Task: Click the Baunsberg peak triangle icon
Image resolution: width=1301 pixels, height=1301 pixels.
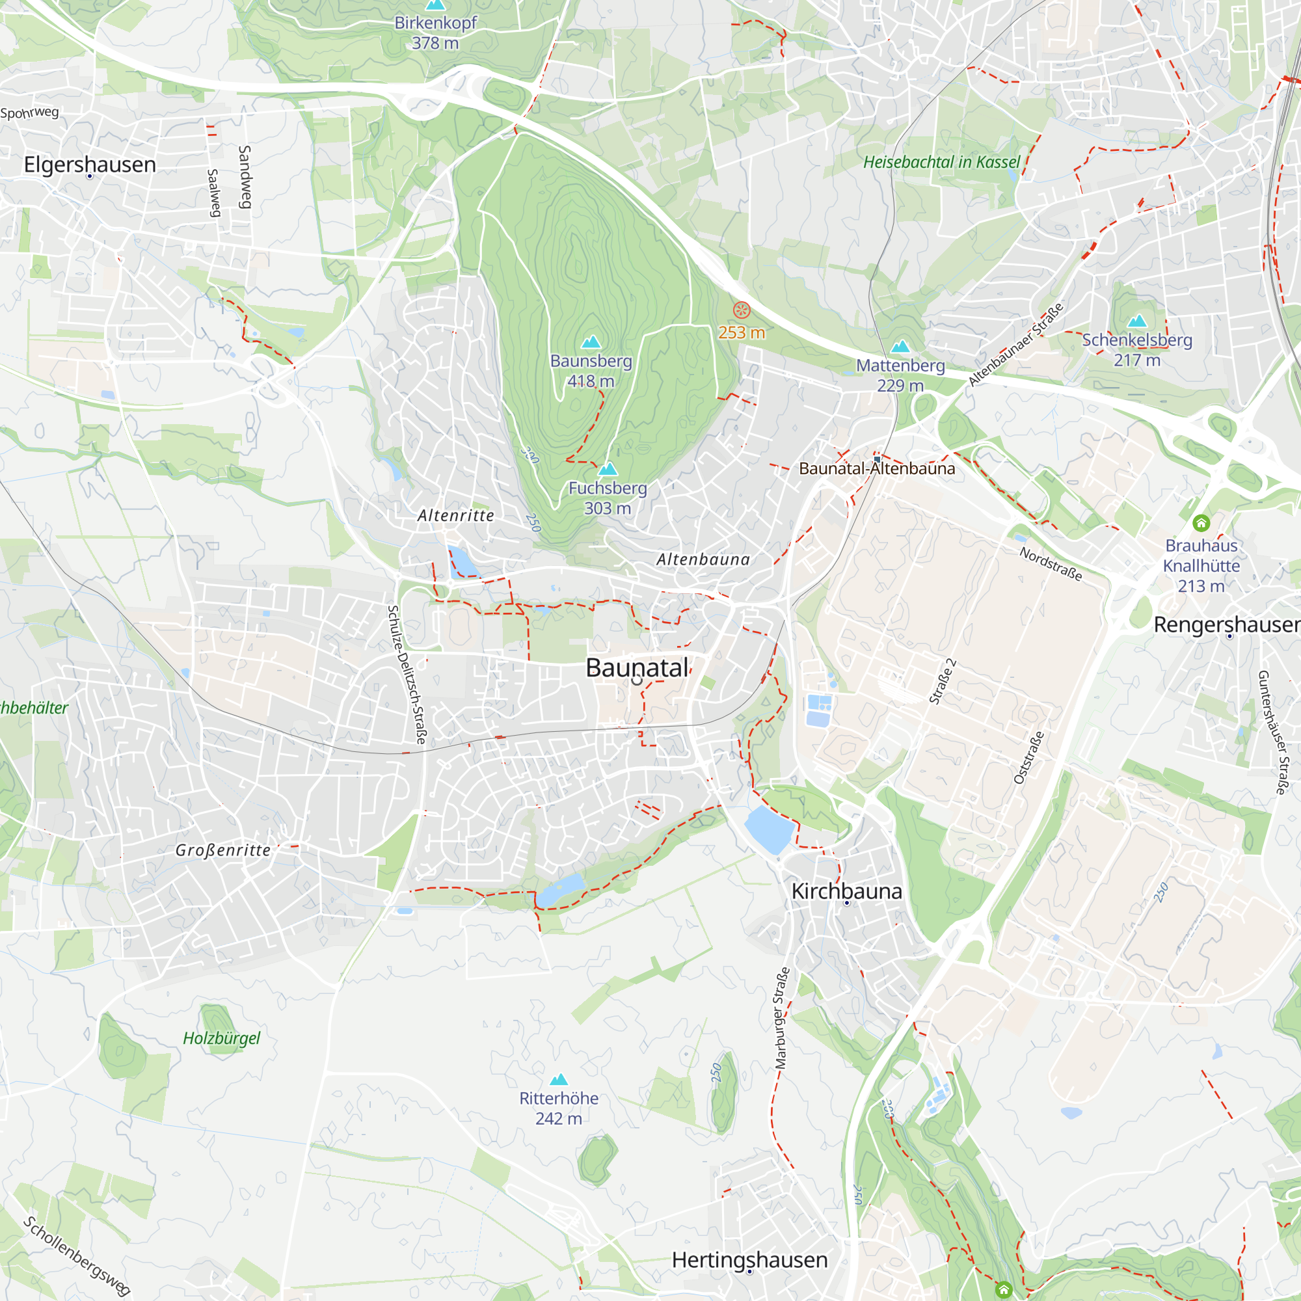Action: [591, 342]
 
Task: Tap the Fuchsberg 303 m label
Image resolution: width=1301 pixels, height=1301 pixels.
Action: [608, 498]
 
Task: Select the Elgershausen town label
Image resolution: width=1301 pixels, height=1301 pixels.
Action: [90, 165]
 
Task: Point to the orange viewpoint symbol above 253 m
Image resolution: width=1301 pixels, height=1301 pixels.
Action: [742, 310]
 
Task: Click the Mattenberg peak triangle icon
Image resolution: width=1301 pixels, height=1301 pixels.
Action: [900, 347]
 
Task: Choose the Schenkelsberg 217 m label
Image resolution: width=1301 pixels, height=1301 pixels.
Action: [1136, 349]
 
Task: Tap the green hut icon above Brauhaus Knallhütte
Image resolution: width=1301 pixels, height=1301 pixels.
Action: [1201, 522]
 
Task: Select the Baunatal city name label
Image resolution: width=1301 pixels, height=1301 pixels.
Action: [637, 667]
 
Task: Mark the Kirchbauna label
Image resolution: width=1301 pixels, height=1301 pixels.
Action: [846, 891]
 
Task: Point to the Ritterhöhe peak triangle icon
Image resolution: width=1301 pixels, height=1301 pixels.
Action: [558, 1079]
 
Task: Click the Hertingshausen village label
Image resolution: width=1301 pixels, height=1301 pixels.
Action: [749, 1259]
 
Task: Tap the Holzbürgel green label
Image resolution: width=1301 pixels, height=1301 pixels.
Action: [222, 1038]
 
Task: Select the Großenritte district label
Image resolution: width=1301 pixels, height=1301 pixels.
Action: [223, 850]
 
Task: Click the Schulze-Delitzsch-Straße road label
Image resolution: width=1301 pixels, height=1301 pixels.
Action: [406, 675]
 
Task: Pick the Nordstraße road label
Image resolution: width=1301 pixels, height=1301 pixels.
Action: [1051, 563]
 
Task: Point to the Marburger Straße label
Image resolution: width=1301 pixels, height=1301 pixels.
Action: [781, 1019]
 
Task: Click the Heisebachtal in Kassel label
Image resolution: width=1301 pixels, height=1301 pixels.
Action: [941, 162]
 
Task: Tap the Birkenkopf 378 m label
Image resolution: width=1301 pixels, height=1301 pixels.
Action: [435, 33]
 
